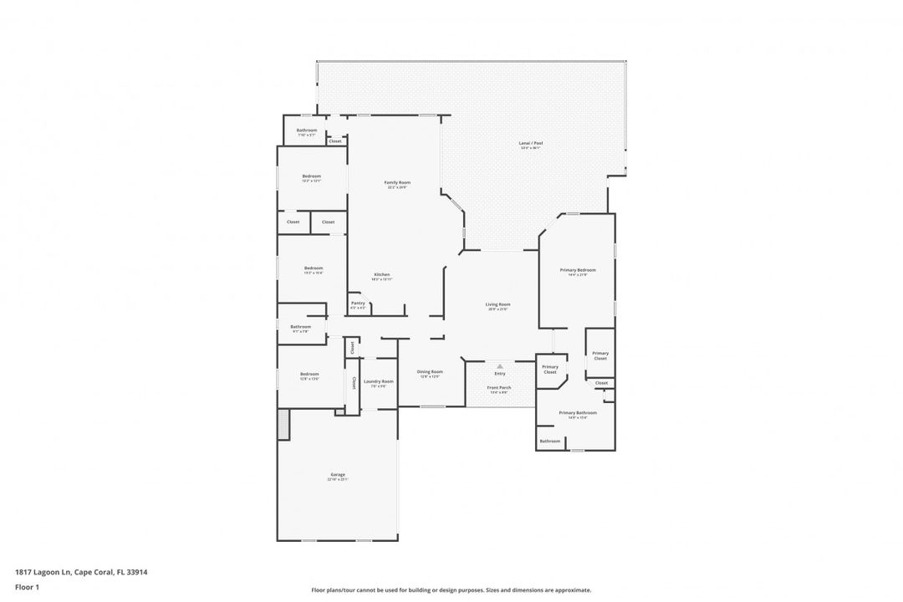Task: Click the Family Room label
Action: click(397, 182)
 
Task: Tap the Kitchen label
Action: click(381, 275)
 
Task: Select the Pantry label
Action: click(358, 304)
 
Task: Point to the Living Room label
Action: click(498, 304)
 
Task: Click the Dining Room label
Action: click(431, 372)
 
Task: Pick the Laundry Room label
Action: click(379, 381)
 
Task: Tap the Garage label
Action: click(338, 475)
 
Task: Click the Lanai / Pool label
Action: click(531, 144)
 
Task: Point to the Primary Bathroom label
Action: click(578, 413)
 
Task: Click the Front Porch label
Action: click(499, 388)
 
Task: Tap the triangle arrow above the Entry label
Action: click(500, 366)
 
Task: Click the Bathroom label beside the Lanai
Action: click(306, 130)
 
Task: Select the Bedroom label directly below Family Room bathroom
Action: click(311, 176)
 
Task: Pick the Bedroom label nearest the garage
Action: click(309, 375)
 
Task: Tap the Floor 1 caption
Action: click(27, 587)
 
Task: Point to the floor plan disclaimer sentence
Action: click(451, 589)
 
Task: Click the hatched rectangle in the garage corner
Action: click(283, 424)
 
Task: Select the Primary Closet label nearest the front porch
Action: click(550, 369)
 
